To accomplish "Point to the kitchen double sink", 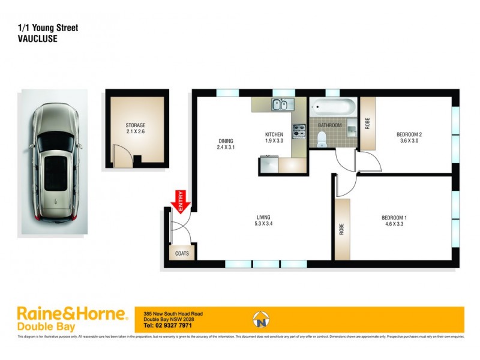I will pyautogui.click(x=280, y=106).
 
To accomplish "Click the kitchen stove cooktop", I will pyautogui.click(x=299, y=131).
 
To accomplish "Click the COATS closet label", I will pyautogui.click(x=182, y=253).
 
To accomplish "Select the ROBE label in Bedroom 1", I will pyautogui.click(x=341, y=230).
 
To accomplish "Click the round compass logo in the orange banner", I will pyautogui.click(x=260, y=319).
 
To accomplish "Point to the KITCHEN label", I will pyautogui.click(x=274, y=134).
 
